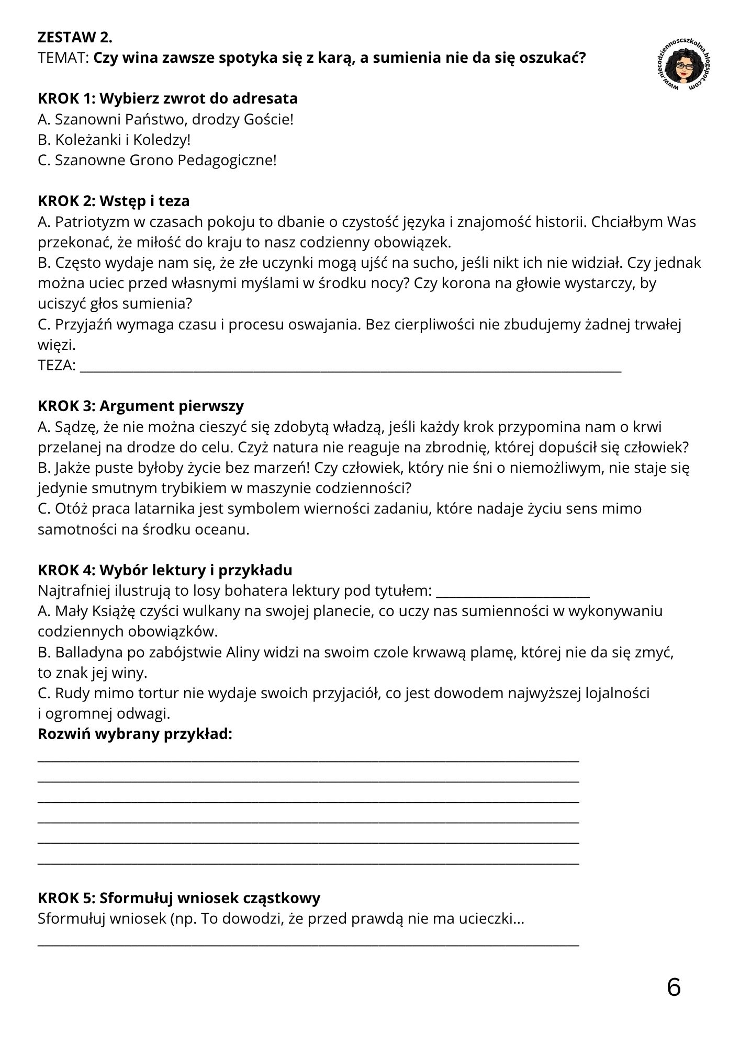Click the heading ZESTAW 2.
click(75, 38)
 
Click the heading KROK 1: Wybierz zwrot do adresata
click(167, 98)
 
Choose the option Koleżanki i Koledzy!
click(114, 140)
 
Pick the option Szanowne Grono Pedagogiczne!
click(157, 160)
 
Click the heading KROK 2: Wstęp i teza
click(114, 201)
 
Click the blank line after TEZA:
click(351, 368)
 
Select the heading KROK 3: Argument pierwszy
click(141, 406)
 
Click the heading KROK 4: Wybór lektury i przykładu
click(165, 570)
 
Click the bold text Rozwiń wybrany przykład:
click(135, 734)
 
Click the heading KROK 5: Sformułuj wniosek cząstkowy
click(179, 898)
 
